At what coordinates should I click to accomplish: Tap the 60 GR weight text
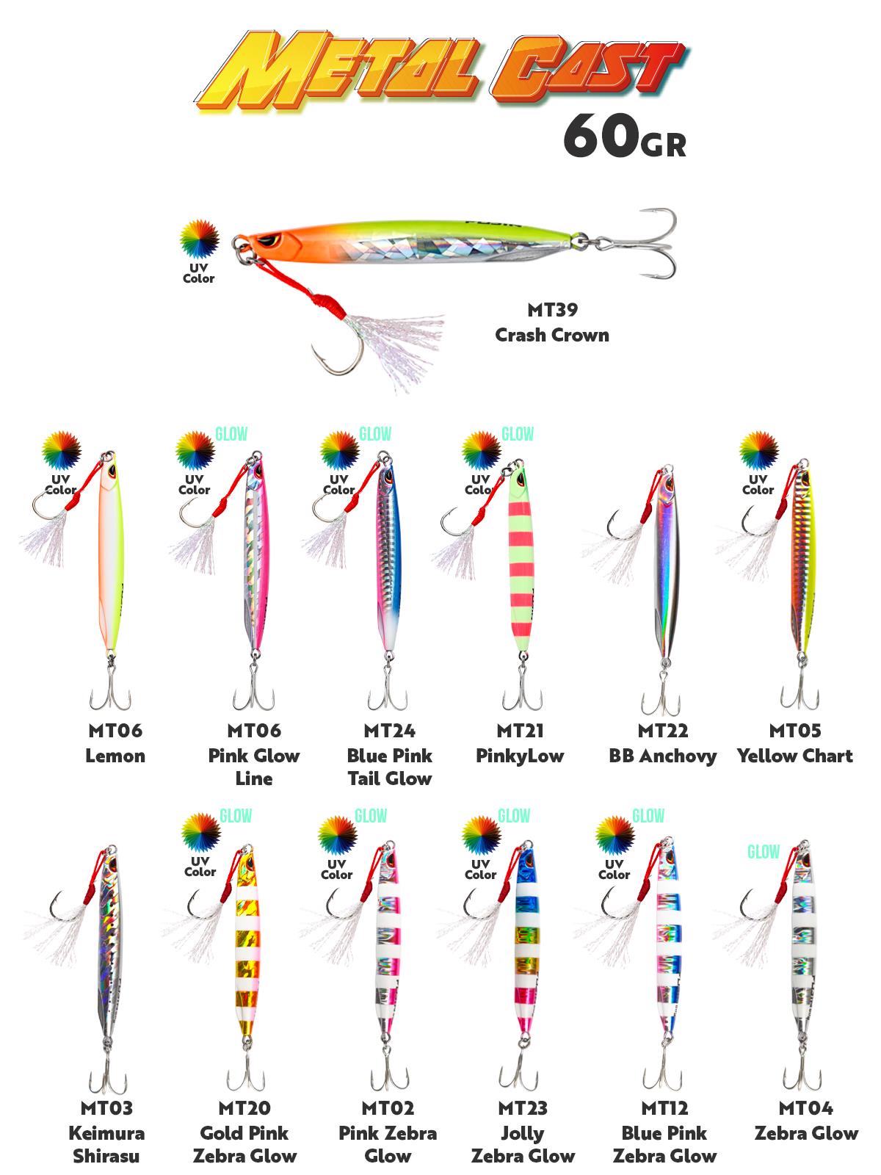(x=624, y=136)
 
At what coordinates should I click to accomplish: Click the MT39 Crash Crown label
(x=551, y=324)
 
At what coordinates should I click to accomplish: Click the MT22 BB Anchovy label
(x=662, y=743)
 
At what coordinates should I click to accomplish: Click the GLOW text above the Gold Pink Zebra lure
(x=236, y=816)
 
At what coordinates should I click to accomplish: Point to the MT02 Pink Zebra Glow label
(x=388, y=1132)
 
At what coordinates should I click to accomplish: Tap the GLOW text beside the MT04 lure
(x=763, y=852)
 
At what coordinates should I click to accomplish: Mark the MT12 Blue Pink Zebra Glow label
(x=664, y=1132)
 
